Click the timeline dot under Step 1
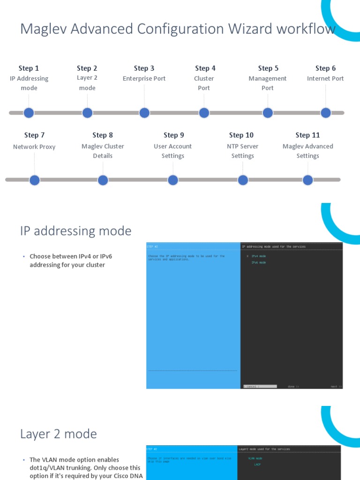click(29, 113)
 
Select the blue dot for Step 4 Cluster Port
click(204, 113)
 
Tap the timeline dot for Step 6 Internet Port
click(326, 113)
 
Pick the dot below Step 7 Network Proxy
click(35, 180)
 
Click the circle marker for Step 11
click(307, 180)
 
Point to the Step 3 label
click(144, 68)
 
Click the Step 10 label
click(241, 135)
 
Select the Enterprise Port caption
click(144, 79)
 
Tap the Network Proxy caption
click(34, 147)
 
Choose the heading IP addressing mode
click(76, 231)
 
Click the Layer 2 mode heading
click(59, 434)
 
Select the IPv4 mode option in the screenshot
click(258, 256)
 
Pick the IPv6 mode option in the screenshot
click(258, 263)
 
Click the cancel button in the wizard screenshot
click(251, 387)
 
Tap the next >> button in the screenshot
click(336, 387)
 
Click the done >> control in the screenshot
click(293, 387)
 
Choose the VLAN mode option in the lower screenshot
click(255, 458)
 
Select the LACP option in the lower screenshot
click(257, 465)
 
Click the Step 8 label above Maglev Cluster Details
click(103, 135)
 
